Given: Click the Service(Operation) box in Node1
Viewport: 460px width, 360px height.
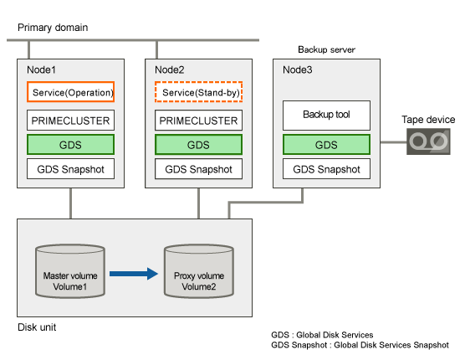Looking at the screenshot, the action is click(71, 92).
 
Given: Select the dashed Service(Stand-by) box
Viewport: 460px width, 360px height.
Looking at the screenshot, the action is click(198, 92).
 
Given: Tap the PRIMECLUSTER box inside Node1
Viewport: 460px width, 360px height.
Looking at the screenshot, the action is click(71, 120).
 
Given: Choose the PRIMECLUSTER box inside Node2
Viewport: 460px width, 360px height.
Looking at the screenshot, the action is click(198, 120).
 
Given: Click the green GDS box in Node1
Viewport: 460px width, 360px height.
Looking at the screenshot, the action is click(71, 145).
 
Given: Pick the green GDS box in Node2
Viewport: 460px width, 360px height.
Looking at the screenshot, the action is click(198, 145).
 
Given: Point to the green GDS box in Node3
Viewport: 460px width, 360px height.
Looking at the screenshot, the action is click(326, 145).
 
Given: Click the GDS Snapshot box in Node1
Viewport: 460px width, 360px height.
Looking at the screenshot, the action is click(71, 169).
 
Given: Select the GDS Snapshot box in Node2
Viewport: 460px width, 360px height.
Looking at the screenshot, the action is click(198, 169).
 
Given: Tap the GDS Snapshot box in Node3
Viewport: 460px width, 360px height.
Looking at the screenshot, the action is click(326, 169).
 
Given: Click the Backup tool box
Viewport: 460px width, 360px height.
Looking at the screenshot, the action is click(326, 116).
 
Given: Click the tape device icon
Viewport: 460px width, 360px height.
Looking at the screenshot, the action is click(428, 141).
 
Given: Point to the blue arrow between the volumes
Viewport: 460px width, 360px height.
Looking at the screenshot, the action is click(134, 274).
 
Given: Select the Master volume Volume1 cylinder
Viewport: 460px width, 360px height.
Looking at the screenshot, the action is click(70, 271).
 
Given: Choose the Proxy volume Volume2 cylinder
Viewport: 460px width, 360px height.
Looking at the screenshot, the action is click(199, 271).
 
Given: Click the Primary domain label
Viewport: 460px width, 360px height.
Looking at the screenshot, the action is click(53, 28).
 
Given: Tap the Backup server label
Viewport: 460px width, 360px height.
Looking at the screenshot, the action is click(326, 49).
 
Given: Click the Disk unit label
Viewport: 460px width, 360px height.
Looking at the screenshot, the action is click(37, 327).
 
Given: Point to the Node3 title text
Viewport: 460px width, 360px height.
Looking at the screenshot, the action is click(298, 69).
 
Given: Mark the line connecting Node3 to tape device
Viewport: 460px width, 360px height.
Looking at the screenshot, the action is click(393, 142).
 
